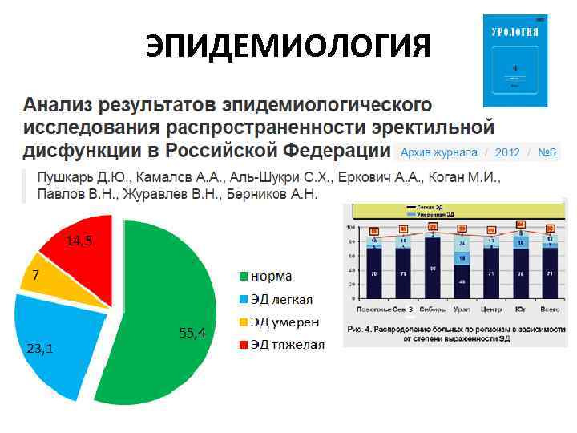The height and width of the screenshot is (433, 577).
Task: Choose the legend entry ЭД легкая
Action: click(x=281, y=299)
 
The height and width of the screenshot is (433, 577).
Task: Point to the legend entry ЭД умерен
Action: click(x=284, y=322)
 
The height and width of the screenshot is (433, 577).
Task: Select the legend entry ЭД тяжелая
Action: click(x=287, y=345)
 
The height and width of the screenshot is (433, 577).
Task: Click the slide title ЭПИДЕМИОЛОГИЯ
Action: click(x=288, y=47)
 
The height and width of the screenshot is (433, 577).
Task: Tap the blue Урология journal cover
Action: click(x=514, y=60)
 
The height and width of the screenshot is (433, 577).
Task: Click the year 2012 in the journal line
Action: click(x=507, y=152)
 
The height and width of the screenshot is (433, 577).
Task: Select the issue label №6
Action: click(x=547, y=152)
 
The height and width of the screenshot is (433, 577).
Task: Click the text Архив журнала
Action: click(x=438, y=152)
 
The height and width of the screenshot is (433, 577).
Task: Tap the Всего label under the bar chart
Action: click(x=549, y=309)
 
